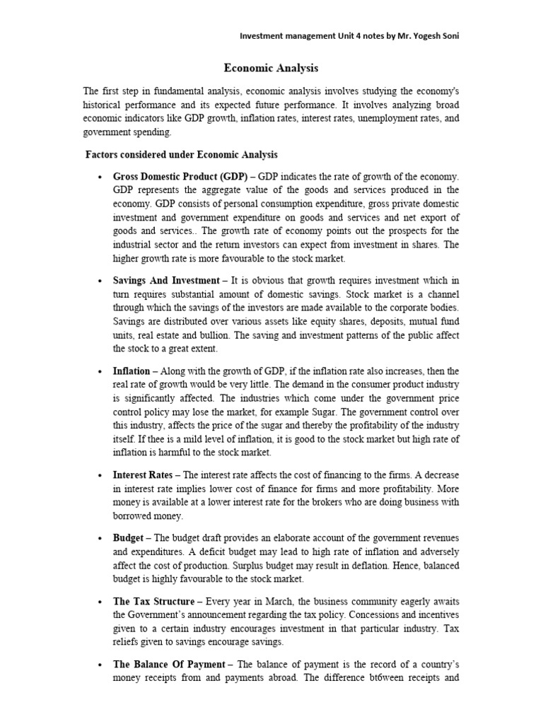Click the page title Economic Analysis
point(271,68)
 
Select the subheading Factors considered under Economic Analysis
point(182,154)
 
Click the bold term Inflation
point(132,371)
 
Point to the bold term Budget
point(128,538)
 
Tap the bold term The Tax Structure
point(153,601)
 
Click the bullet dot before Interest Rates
point(98,476)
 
